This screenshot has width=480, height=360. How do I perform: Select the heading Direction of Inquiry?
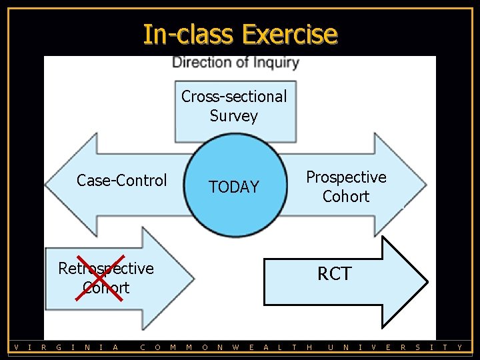click(x=235, y=63)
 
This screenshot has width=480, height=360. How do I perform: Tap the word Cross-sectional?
click(x=234, y=97)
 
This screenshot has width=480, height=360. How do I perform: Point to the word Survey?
click(x=233, y=116)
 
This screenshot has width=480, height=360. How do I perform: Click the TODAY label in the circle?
click(x=233, y=187)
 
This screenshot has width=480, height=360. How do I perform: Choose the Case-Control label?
click(x=121, y=181)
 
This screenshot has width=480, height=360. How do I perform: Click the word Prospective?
click(x=346, y=177)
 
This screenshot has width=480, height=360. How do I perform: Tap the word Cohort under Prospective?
click(x=346, y=197)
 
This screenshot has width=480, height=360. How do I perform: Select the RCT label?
click(x=334, y=274)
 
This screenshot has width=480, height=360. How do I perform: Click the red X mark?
click(x=99, y=277)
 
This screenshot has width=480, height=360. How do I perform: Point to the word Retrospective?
click(x=106, y=268)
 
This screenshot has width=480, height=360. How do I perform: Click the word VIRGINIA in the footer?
click(x=67, y=347)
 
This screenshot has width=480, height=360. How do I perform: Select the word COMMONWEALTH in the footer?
click(x=227, y=347)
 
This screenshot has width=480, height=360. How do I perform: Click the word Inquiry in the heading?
click(x=275, y=63)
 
